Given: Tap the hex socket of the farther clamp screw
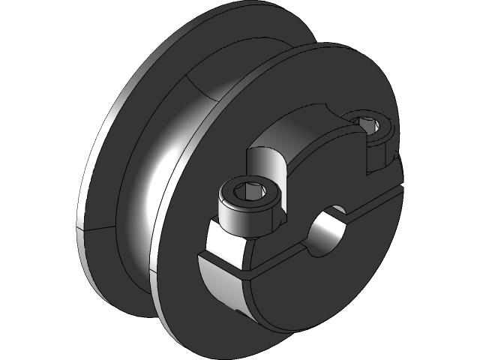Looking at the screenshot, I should click(x=367, y=121).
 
